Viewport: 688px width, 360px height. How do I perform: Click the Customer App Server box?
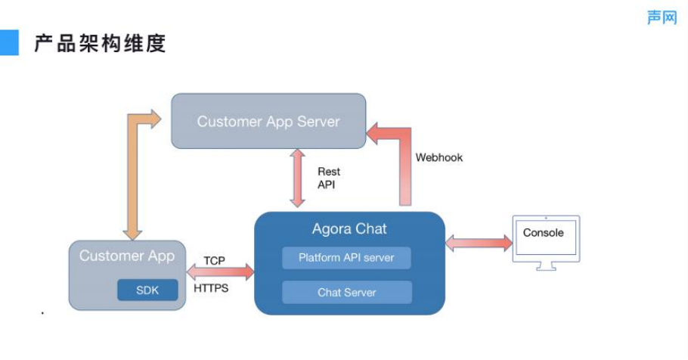click(x=268, y=121)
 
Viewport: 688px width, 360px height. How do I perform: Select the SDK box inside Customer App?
click(x=147, y=290)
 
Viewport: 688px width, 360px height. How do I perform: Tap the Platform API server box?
click(x=346, y=258)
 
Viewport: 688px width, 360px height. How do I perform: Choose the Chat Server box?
click(x=346, y=292)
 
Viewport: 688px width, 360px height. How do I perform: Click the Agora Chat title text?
click(x=349, y=229)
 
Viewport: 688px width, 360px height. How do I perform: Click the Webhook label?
click(x=439, y=158)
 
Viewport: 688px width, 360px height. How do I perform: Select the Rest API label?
click(x=329, y=178)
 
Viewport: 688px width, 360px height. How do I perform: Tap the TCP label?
click(x=215, y=261)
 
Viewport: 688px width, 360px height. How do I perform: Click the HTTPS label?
click(x=212, y=288)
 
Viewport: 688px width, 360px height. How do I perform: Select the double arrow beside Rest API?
click(x=298, y=178)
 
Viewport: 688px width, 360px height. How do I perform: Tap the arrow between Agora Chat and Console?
click(x=479, y=243)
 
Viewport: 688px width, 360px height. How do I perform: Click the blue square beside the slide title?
click(x=8, y=42)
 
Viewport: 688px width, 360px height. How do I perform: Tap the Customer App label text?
click(x=127, y=256)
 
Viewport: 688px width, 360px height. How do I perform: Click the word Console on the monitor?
click(x=544, y=233)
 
